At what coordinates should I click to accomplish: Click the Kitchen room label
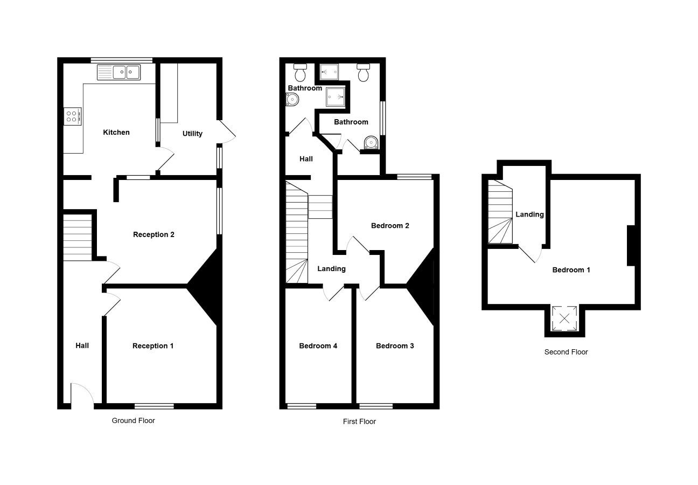(116, 132)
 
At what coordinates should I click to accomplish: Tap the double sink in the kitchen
(118, 72)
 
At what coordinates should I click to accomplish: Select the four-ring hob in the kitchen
(73, 116)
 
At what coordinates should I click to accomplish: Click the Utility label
(192, 134)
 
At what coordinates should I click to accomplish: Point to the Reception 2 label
(153, 234)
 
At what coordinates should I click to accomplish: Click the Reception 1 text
(153, 345)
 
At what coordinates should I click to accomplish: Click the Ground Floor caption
(134, 420)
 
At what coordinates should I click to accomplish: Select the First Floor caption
(359, 421)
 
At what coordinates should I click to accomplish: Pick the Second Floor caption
(566, 352)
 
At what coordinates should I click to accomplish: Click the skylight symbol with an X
(564, 318)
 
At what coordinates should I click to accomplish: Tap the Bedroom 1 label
(571, 270)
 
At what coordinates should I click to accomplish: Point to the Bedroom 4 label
(318, 345)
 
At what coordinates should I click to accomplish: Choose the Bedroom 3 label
(395, 345)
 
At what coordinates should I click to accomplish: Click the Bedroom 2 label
(390, 226)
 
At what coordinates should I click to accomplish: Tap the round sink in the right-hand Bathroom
(371, 142)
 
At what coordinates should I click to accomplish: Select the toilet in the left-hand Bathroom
(301, 72)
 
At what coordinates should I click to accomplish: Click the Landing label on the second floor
(529, 214)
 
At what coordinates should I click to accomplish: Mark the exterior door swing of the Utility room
(227, 132)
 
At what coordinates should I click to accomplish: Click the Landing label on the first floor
(331, 269)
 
